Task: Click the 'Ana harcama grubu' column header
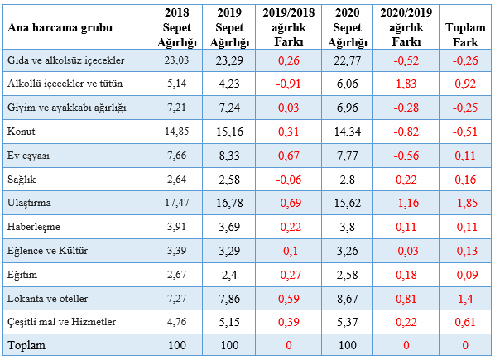pyautogui.click(x=60, y=28)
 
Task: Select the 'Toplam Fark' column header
pyautogui.click(x=465, y=35)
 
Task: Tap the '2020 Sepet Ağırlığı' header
pyautogui.click(x=348, y=27)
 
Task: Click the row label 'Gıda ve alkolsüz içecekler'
pyautogui.click(x=65, y=60)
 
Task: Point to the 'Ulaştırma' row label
pyautogui.click(x=29, y=203)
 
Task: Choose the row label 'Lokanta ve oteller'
pyautogui.click(x=47, y=299)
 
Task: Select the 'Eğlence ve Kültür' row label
pyautogui.click(x=47, y=251)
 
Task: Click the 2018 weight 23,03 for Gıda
pyautogui.click(x=176, y=60)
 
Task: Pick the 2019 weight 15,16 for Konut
pyautogui.click(x=229, y=132)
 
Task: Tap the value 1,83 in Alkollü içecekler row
pyautogui.click(x=406, y=84)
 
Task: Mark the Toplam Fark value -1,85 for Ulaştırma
pyautogui.click(x=465, y=203)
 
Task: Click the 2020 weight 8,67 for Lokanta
pyautogui.click(x=348, y=299)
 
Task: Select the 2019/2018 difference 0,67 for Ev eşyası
pyautogui.click(x=289, y=156)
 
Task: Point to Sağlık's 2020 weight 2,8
pyautogui.click(x=348, y=180)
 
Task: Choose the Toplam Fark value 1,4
pyautogui.click(x=465, y=299)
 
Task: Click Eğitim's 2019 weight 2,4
pyautogui.click(x=229, y=275)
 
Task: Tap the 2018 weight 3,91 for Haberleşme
pyautogui.click(x=176, y=227)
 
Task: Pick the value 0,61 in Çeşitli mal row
pyautogui.click(x=465, y=322)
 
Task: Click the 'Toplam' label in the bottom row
pyautogui.click(x=26, y=345)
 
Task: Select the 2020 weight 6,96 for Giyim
pyautogui.click(x=348, y=108)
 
